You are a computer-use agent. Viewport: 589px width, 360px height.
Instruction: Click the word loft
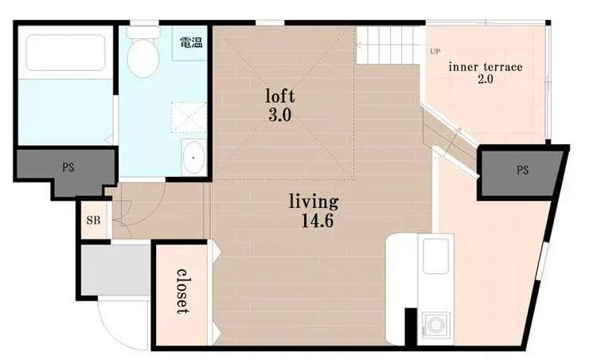(280, 96)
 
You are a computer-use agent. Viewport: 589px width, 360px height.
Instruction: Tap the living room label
(314, 202)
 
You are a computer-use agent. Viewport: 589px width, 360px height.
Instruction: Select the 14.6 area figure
(318, 221)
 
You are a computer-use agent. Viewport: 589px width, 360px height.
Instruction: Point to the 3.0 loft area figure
(280, 115)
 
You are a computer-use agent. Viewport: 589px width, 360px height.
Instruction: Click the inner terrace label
(486, 67)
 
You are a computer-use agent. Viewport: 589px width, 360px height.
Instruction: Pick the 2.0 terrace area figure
(486, 80)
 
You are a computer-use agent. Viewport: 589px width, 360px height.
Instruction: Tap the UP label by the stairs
(435, 52)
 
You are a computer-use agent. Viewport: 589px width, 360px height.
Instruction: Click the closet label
(182, 292)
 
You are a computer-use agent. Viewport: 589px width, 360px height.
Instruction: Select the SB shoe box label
(94, 220)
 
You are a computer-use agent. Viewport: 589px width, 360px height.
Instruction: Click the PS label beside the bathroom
(68, 167)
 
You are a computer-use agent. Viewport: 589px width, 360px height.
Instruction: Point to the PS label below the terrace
(522, 170)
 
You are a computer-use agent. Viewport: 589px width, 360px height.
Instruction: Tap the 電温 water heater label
(192, 42)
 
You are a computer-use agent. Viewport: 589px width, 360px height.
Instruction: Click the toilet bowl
(143, 58)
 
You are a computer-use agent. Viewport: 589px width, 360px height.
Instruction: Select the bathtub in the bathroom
(66, 53)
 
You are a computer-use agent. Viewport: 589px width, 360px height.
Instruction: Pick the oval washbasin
(193, 158)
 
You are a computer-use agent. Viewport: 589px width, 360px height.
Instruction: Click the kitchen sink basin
(435, 256)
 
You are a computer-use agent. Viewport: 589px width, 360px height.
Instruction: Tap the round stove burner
(435, 325)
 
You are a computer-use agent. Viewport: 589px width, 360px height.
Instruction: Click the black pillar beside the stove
(411, 327)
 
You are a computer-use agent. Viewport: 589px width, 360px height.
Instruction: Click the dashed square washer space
(189, 117)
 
